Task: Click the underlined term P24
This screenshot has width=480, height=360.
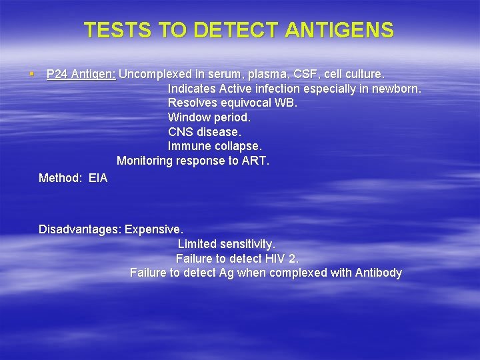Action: pos(57,74)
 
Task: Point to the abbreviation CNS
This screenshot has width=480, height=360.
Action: pos(180,132)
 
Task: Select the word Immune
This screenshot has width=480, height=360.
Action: pos(187,146)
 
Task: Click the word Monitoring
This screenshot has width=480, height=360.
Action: pos(145,161)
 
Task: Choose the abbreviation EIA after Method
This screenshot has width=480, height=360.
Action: pos(97,178)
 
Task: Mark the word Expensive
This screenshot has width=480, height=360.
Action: pos(154,229)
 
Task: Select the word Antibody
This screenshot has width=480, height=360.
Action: pos(378,273)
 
